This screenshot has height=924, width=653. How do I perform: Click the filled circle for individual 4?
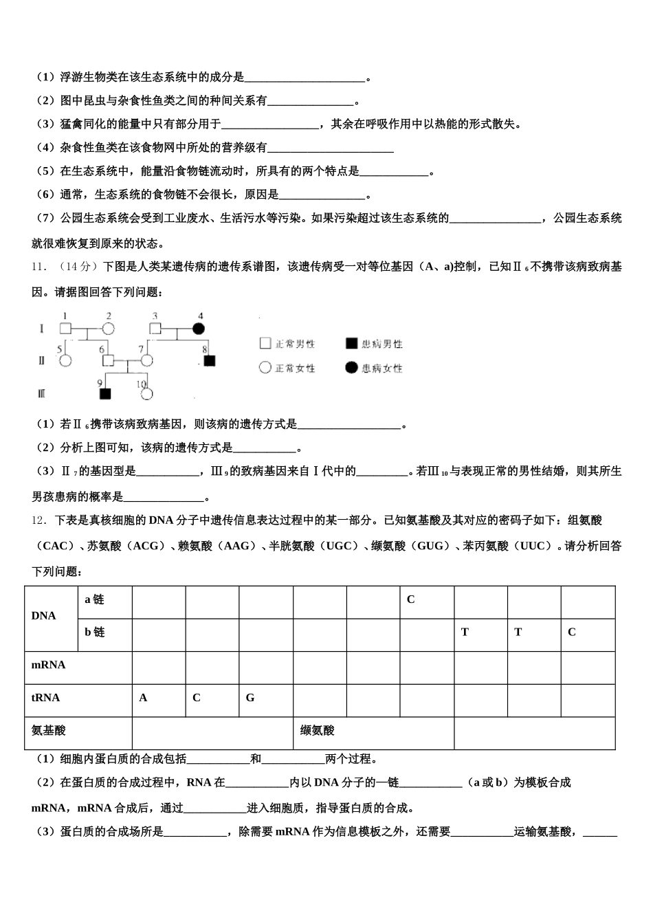pos(199,329)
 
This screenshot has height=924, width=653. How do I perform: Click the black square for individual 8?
pos(209,360)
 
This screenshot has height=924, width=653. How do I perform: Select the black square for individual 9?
pos(105,393)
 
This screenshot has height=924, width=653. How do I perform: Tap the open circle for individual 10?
pos(146,393)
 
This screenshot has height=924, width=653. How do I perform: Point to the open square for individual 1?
pos(65,329)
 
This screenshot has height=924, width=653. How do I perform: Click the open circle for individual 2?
pos(108,329)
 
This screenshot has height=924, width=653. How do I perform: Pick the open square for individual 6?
pos(107,360)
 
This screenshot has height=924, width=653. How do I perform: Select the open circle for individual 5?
pos(65,360)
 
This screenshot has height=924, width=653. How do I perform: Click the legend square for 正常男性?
pos(265,344)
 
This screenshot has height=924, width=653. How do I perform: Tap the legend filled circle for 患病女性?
pos(351,368)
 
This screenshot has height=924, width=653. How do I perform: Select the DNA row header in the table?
pos(44,616)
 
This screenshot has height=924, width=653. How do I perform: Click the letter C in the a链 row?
pos(411,599)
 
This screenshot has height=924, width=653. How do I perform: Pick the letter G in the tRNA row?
pos(250,698)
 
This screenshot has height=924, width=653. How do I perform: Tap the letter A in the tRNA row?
pos(143,698)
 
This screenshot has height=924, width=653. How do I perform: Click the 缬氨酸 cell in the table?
pos(318,731)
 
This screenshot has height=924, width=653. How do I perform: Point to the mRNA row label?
pos(49,665)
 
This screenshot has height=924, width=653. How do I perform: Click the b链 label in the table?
pos(95,632)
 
